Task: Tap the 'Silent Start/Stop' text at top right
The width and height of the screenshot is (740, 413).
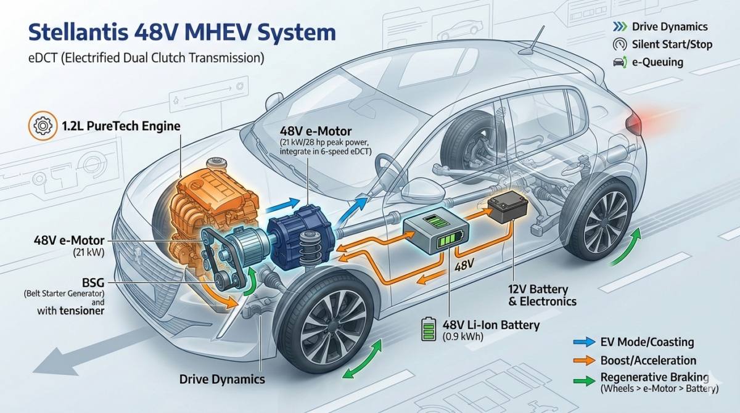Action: [x=672, y=44]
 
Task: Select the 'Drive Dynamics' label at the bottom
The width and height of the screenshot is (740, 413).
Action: [x=222, y=379]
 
